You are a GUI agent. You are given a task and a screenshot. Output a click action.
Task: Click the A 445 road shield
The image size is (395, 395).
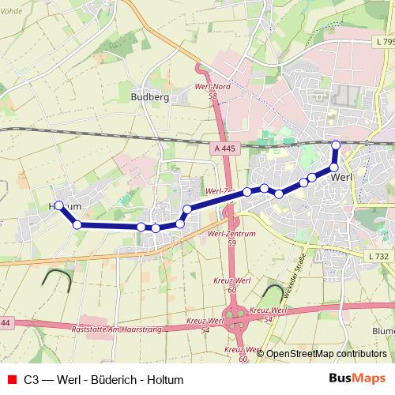pos(224,148)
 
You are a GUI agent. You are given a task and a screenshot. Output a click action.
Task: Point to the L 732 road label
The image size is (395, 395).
pos(380,256)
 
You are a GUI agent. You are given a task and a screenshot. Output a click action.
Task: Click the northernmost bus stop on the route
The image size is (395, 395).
pos(336,145)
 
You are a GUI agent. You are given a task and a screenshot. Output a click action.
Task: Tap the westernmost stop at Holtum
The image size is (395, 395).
pos(59,205)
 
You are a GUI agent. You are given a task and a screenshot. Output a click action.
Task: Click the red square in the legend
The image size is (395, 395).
pos(11,379)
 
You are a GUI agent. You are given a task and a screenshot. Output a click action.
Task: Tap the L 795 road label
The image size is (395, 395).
pos(384,41)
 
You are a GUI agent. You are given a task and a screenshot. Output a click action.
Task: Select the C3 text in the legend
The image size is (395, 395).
pos(32,379)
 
